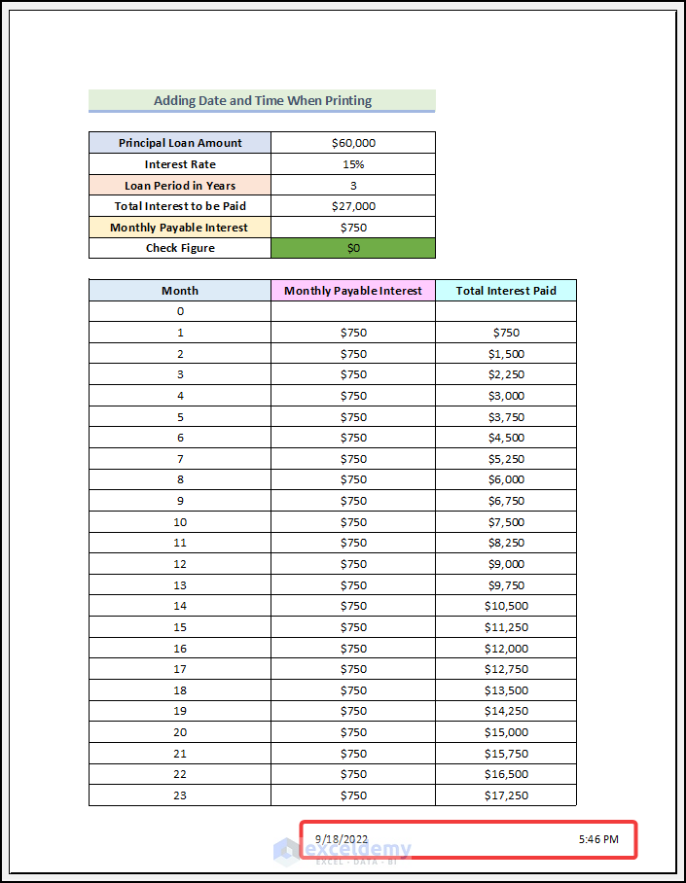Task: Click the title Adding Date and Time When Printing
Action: (x=262, y=100)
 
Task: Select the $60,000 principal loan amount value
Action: (x=353, y=143)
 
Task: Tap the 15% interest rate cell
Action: (x=353, y=164)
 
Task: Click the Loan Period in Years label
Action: (x=180, y=186)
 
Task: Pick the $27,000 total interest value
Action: (x=353, y=206)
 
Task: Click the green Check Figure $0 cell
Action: (x=353, y=248)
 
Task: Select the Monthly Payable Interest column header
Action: (x=353, y=291)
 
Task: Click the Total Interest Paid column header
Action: (x=506, y=291)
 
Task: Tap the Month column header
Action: (x=180, y=291)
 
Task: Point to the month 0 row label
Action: (x=180, y=311)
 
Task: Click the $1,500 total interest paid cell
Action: (x=506, y=354)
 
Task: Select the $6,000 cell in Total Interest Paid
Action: (x=506, y=479)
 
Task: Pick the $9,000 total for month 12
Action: (x=506, y=564)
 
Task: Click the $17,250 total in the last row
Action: (x=506, y=795)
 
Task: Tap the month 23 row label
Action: (x=180, y=795)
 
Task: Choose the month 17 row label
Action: (x=180, y=669)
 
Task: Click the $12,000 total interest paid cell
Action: (x=506, y=649)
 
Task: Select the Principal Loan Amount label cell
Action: (x=180, y=143)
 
